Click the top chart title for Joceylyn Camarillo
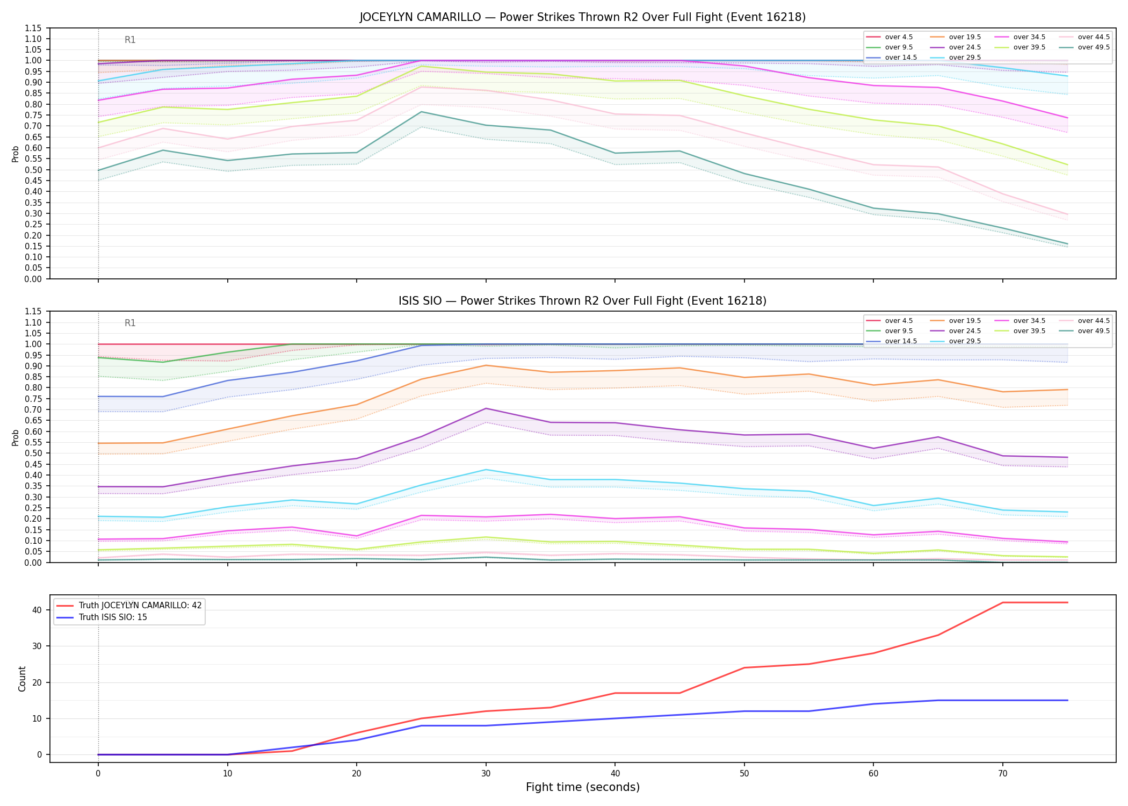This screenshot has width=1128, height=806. coord(582,17)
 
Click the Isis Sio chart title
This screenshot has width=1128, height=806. coord(582,301)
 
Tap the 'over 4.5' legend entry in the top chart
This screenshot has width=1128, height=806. coord(890,37)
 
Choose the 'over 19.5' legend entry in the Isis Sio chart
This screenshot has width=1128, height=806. coord(956,321)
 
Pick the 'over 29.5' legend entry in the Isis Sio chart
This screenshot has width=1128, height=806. coord(956,341)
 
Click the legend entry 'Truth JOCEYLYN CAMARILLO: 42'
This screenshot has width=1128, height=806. coord(129,606)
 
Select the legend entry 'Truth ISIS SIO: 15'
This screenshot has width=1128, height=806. coord(102,617)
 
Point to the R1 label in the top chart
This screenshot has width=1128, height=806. coord(130,40)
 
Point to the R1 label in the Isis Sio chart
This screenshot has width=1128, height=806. coord(130,323)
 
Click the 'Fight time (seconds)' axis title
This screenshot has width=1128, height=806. coord(583,787)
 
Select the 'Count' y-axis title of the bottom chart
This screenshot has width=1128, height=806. coord(22,679)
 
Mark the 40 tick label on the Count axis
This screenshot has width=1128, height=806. coord(37,610)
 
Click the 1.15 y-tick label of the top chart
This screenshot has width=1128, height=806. coord(33,28)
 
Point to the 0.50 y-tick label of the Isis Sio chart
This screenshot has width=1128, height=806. coord(33,453)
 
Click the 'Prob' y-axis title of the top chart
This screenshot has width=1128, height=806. coord(16,154)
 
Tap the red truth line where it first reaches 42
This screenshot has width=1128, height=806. coord(1003,602)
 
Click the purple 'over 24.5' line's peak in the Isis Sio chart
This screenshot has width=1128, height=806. coord(486,408)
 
